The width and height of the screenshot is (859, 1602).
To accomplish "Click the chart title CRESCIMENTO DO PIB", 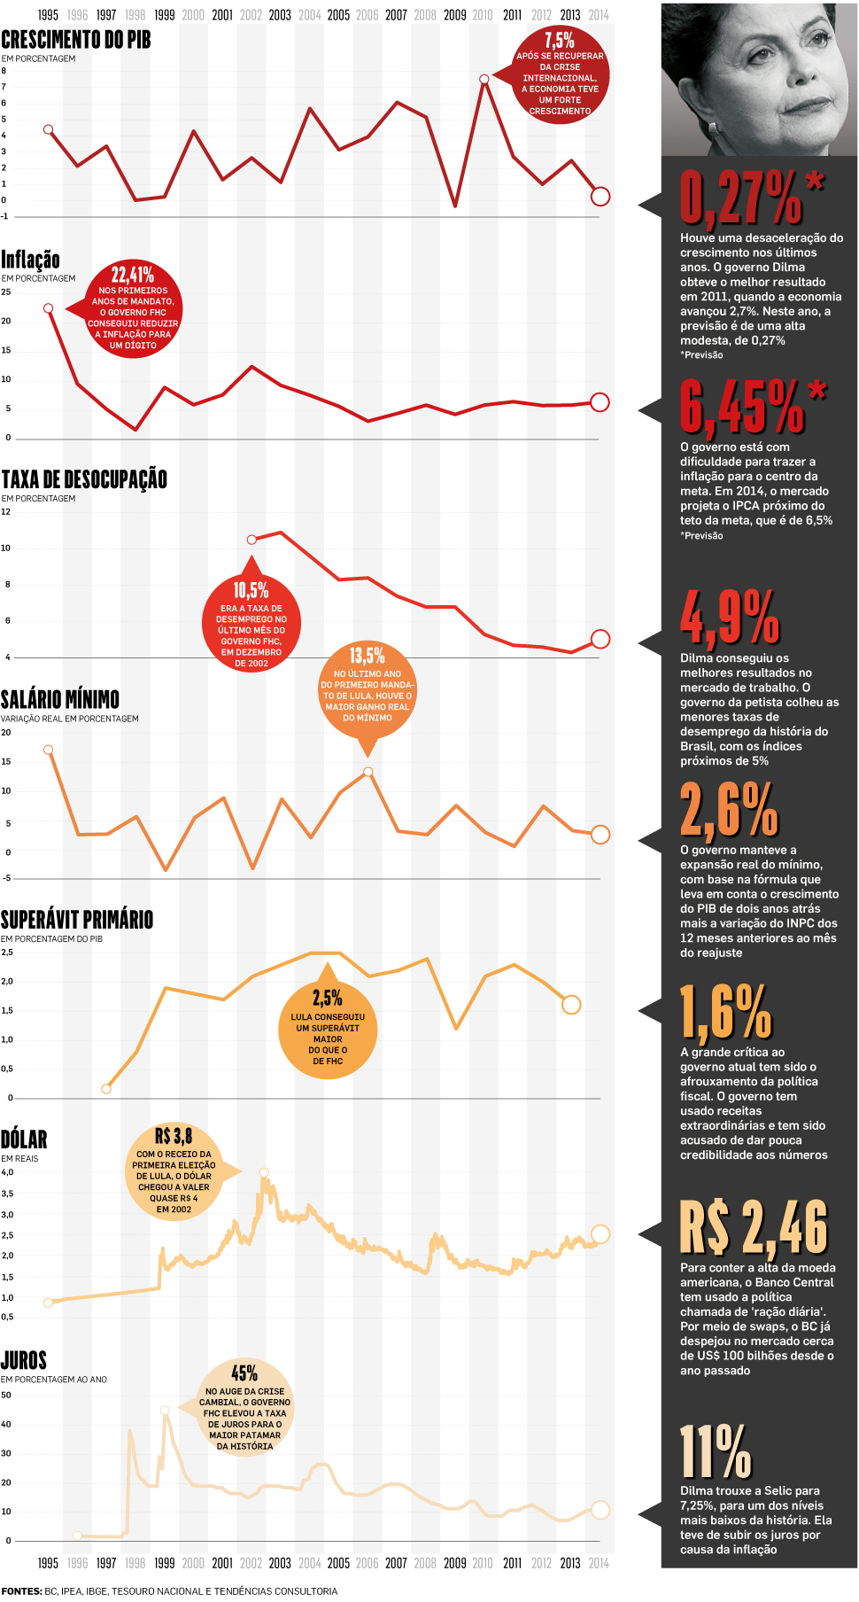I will click(x=76, y=40).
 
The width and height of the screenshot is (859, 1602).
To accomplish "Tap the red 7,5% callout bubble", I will click(x=560, y=75).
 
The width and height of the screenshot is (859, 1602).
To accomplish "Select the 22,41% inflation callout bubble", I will click(x=133, y=308).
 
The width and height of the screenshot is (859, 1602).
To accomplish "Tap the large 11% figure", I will click(x=716, y=1453).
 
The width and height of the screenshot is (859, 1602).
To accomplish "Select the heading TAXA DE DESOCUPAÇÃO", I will click(x=84, y=479).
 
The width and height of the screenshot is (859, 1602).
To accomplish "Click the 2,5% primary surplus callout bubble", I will click(x=328, y=1027).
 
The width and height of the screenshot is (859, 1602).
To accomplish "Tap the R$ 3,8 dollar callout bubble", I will click(x=174, y=1170).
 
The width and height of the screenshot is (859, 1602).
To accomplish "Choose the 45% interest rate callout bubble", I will click(x=244, y=1407).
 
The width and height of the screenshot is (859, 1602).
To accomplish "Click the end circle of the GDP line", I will click(x=600, y=197).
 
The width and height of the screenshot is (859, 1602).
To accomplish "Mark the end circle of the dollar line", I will click(x=600, y=1233).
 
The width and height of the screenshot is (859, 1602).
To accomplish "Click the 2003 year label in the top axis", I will click(x=280, y=15).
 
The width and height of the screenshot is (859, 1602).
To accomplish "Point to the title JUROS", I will click(x=24, y=1359).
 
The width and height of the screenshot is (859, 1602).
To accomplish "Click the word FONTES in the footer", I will click(x=21, y=1591).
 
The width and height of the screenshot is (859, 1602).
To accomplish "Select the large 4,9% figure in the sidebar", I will click(x=730, y=617).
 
